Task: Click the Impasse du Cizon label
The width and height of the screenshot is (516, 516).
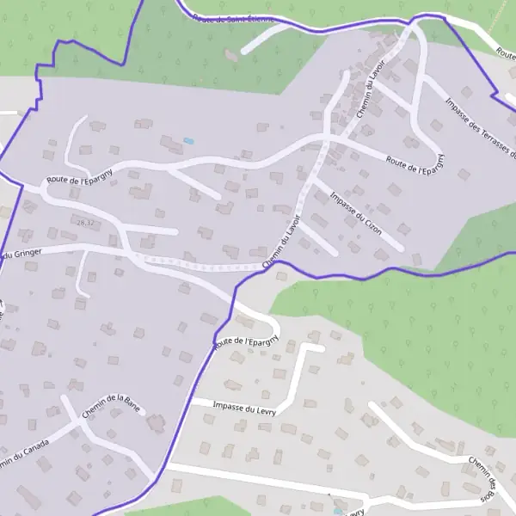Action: pos(356,212)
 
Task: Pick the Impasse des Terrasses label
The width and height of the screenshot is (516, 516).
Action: pos(480,129)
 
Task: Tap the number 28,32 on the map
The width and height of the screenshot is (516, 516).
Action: pos(84,223)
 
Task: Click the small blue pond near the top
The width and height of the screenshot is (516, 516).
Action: pos(188,141)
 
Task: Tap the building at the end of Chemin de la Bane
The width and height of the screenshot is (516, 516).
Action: pos(157,422)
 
